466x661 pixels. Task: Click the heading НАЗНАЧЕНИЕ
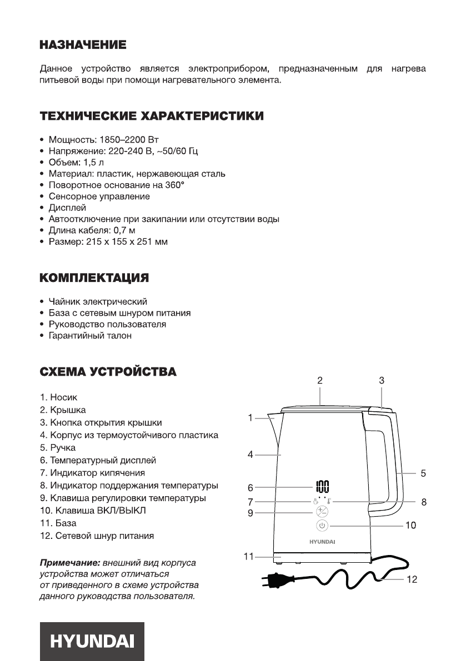[83, 44]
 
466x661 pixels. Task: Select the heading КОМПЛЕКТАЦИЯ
[94, 277]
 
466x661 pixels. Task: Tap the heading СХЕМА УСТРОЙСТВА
[108, 371]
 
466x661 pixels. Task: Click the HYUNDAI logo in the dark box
[92, 641]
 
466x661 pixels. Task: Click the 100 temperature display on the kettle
[323, 487]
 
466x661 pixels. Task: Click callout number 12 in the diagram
[412, 579]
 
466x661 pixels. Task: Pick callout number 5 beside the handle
[423, 473]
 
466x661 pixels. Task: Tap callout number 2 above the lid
[320, 381]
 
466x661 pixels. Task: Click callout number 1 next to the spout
[250, 417]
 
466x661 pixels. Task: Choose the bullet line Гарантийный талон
[90, 336]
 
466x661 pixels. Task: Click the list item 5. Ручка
[57, 447]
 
